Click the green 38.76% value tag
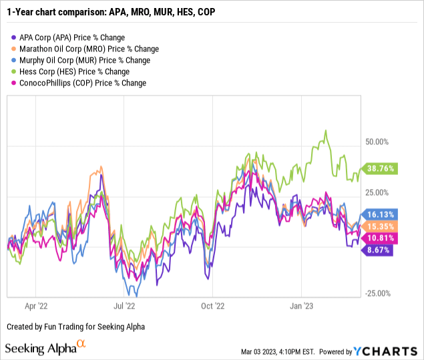pos(379,170)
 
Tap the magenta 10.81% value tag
pos(379,238)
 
